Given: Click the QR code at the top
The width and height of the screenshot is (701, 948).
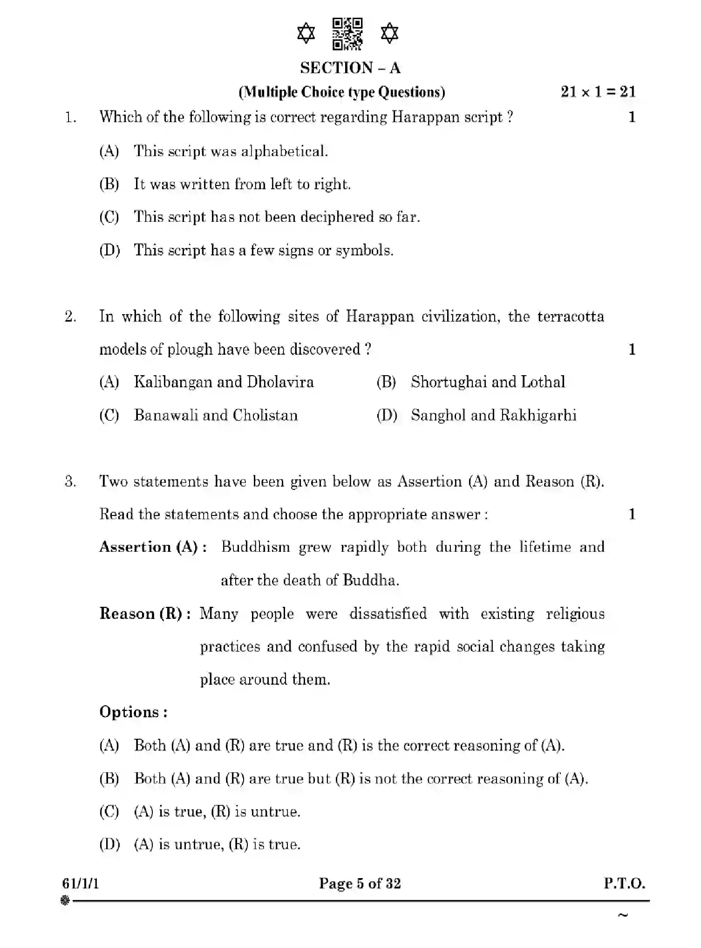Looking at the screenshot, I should [347, 34].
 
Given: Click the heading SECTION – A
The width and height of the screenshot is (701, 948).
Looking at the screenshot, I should [350, 68].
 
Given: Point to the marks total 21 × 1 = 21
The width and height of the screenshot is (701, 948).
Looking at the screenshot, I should [598, 92].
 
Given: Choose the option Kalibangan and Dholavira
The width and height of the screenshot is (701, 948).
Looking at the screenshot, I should [224, 382].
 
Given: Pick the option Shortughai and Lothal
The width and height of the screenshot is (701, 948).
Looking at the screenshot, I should [488, 382].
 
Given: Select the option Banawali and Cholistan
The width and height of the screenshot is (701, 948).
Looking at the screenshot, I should [216, 415].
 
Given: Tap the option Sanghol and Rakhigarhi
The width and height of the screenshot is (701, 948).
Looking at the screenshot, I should [493, 415].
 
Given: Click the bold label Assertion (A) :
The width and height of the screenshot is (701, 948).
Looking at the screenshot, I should [153, 547].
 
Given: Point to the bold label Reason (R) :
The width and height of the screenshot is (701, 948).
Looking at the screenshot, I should [145, 614].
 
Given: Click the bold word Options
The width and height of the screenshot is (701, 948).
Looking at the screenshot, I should [133, 712].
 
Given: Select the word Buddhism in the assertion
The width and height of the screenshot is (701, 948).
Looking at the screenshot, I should [255, 547].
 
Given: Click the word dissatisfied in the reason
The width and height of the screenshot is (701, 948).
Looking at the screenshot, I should [388, 614].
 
